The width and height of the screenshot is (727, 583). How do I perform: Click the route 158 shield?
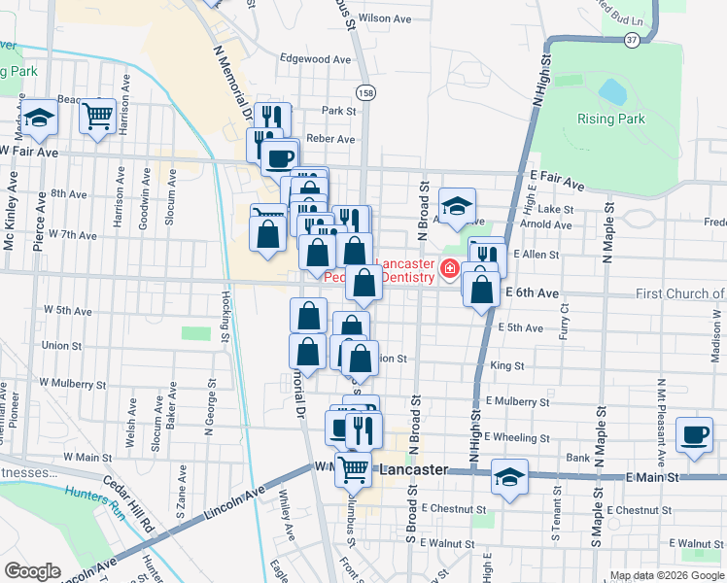pos(365,93)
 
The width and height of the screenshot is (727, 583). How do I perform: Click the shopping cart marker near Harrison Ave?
pos(98,116)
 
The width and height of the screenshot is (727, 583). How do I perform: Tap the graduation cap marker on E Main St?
pos(508,477)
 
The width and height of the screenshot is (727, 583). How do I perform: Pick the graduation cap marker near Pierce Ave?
pos(40,119)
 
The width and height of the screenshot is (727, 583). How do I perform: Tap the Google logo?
pos(32,571)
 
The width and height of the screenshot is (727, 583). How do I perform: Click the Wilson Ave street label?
pos(385,18)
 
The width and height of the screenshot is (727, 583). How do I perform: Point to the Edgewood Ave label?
pos(315,59)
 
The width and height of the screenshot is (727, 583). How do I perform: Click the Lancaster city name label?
pos(413,469)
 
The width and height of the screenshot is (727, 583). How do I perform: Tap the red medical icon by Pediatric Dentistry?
pos(449,269)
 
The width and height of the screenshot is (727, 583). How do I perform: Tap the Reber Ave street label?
pos(330,139)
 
